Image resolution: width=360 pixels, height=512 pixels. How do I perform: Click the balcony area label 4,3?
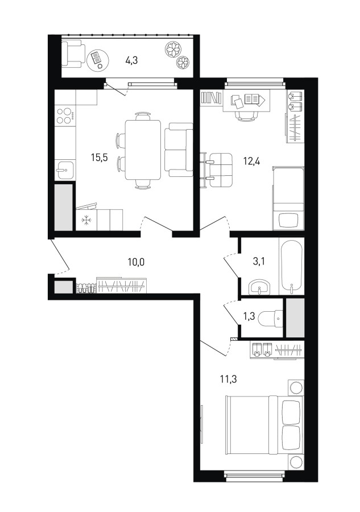coord(131,60)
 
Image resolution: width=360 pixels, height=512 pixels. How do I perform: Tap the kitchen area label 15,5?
coord(99,158)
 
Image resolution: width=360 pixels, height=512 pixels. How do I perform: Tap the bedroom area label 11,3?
coord(229,379)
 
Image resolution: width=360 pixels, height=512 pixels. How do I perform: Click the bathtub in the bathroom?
coord(291,266)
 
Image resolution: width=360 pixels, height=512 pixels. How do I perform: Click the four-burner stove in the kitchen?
coord(65,115)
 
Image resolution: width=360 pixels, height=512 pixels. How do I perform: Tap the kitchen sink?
coord(65,170)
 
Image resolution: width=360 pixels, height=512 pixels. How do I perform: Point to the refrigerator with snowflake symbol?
coord(86,220)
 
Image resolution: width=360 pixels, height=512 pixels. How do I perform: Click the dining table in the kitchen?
coord(143,150)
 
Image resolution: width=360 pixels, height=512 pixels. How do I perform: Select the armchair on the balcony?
coord(73,53)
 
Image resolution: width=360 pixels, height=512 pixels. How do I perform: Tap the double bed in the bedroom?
coord(264,425)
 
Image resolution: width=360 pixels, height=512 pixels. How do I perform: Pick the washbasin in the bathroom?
coord(259,287)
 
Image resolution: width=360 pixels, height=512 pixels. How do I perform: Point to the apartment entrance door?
coord(60,255)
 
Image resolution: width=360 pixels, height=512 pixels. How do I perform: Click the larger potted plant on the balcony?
coord(173,49)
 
